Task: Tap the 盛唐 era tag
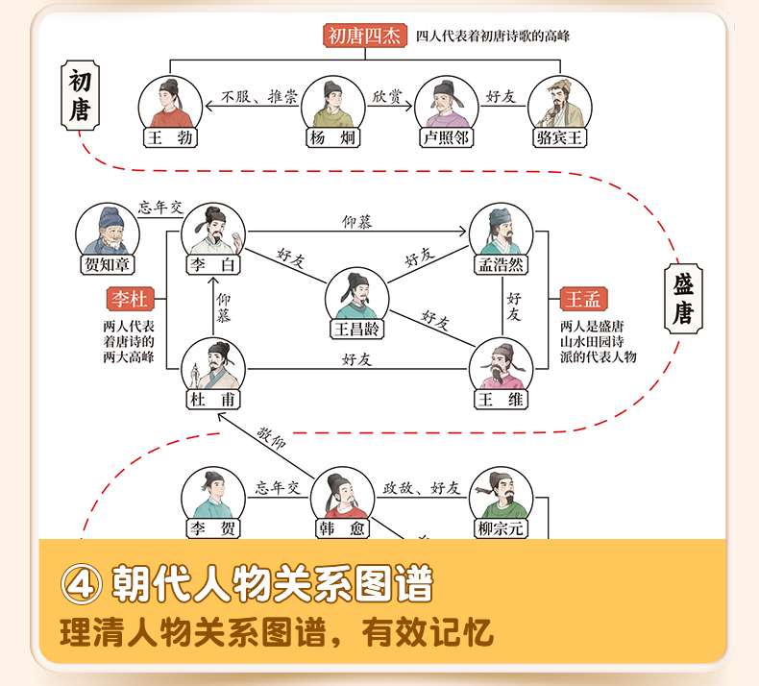(683, 299)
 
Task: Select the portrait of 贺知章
(107, 231)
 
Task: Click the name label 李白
(213, 266)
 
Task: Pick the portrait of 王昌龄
(356, 294)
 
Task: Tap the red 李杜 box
(130, 300)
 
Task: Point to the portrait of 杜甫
(213, 365)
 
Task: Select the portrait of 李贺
(212, 494)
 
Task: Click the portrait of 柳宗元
(501, 494)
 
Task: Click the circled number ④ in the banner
(81, 584)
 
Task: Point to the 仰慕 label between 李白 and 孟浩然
(357, 223)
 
